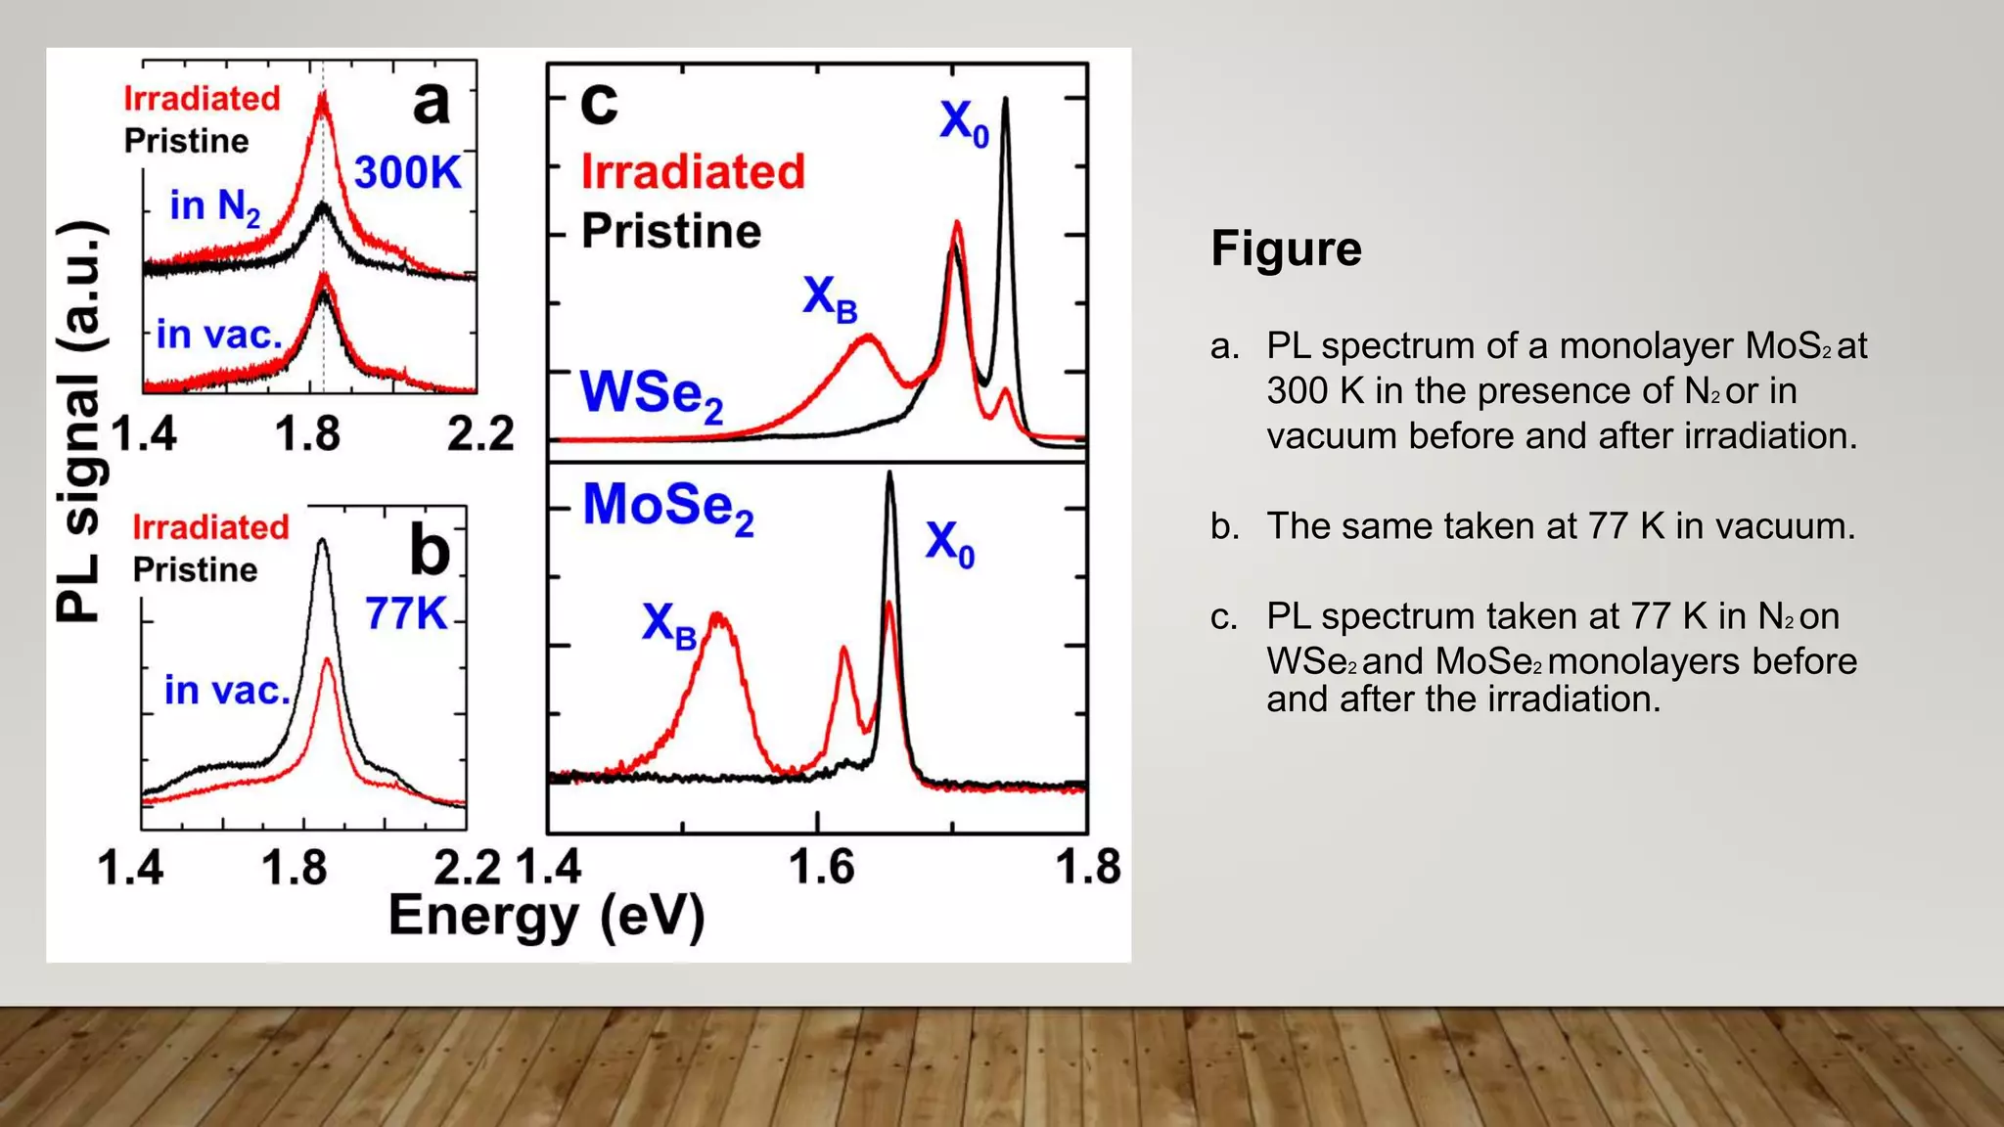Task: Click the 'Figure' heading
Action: (x=1285, y=248)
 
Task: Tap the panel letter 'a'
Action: (x=432, y=102)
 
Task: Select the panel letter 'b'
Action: (x=430, y=551)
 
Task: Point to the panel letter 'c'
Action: (x=599, y=102)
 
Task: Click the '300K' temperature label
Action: (x=407, y=173)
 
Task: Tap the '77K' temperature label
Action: (x=406, y=614)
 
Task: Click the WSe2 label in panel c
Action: (x=652, y=394)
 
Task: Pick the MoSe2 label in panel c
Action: (x=668, y=508)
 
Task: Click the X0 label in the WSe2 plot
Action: (x=964, y=123)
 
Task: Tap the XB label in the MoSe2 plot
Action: (x=668, y=625)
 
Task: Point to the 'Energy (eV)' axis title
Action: (x=546, y=918)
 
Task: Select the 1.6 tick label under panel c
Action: (x=820, y=867)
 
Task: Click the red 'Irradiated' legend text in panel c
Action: (x=693, y=172)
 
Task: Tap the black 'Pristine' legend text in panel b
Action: (x=195, y=569)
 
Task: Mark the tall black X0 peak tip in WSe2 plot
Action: (x=1006, y=100)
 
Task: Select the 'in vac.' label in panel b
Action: (x=227, y=691)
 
